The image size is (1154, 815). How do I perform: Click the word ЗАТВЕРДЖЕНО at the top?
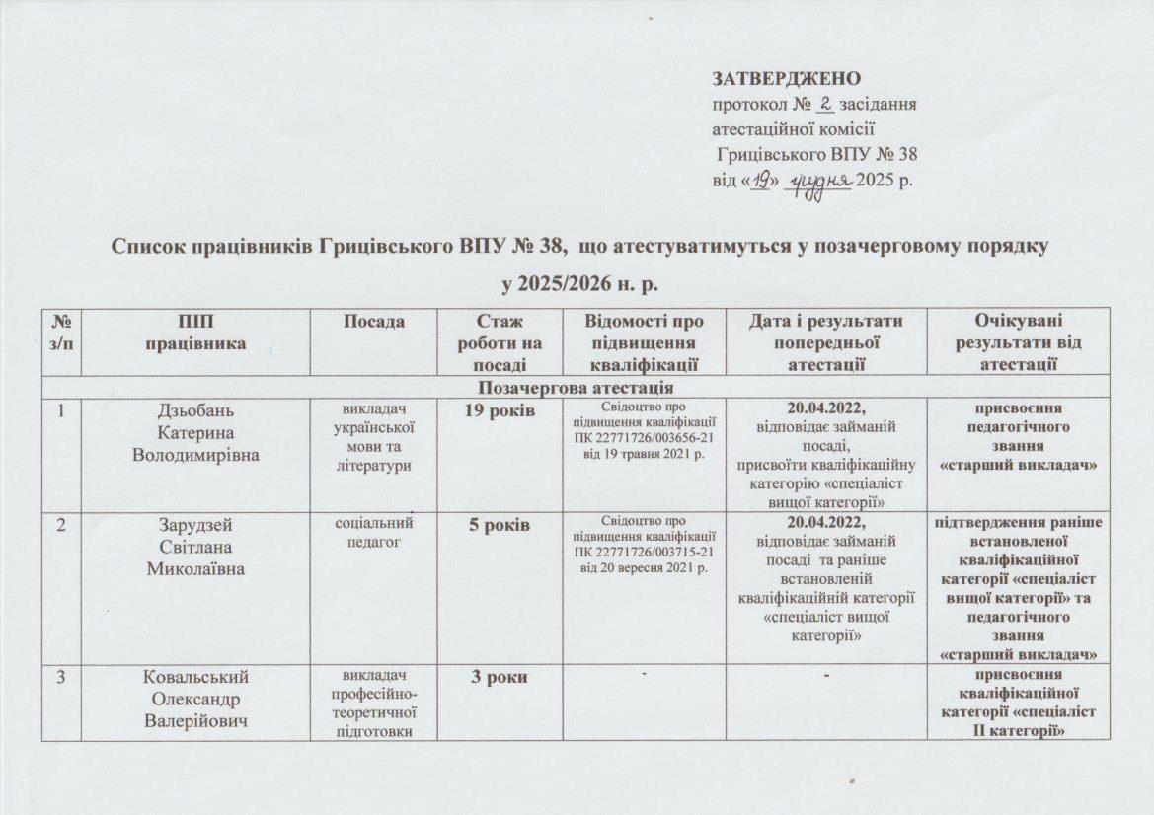(x=786, y=78)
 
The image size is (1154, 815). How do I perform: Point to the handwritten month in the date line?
(x=818, y=181)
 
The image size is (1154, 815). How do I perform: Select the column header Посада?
(x=375, y=321)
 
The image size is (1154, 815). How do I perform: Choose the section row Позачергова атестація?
(x=575, y=387)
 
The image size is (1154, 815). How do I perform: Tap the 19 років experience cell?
(x=498, y=409)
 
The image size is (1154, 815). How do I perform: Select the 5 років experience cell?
(x=498, y=524)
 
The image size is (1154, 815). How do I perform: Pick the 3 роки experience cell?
(x=498, y=677)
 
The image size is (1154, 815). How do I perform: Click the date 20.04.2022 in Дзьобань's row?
(x=826, y=409)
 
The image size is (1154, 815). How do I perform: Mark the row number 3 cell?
(x=61, y=678)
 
